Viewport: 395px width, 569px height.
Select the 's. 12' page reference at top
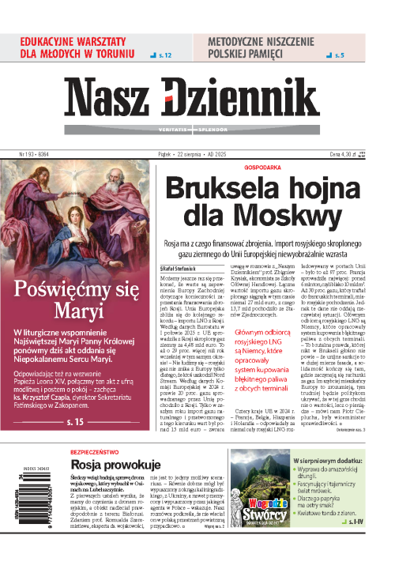[164, 55]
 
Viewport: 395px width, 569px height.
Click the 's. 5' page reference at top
[338, 55]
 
